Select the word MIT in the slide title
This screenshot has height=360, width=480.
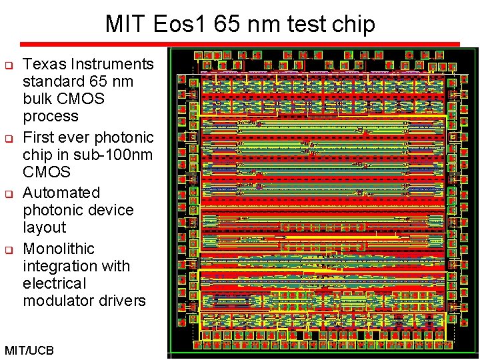point(127,25)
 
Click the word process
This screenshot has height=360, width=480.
point(51,117)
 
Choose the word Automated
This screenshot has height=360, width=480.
point(61,193)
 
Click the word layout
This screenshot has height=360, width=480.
point(44,227)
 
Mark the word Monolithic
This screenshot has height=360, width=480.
point(59,249)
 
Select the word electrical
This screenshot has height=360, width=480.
point(55,283)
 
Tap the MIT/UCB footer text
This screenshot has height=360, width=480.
point(29,350)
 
